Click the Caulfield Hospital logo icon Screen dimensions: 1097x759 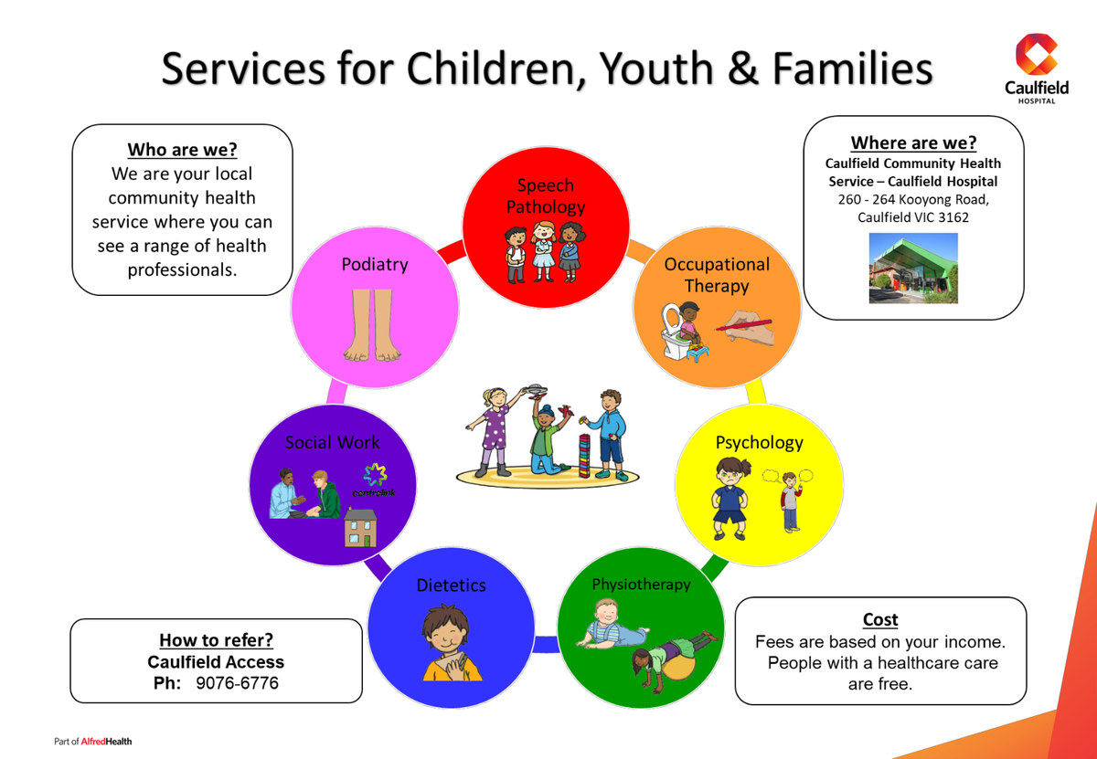pyautogui.click(x=1037, y=54)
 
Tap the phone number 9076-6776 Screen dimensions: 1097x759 pyautogui.click(x=237, y=682)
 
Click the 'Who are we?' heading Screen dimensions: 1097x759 pyautogui.click(x=182, y=149)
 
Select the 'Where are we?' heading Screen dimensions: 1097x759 pyautogui.click(x=913, y=142)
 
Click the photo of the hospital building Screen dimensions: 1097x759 pyautogui.click(x=913, y=269)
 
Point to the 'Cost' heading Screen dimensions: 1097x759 pyautogui.click(x=880, y=619)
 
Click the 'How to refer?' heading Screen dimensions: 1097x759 pyautogui.click(x=216, y=640)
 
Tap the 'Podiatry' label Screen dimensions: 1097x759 pyautogui.click(x=375, y=264)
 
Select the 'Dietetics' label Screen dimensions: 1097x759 pyautogui.click(x=451, y=585)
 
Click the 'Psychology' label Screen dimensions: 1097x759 pyautogui.click(x=759, y=443)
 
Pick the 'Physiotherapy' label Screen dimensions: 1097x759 pyautogui.click(x=641, y=585)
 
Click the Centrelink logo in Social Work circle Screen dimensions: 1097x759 pyautogui.click(x=375, y=480)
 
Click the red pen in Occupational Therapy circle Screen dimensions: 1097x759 pyautogui.click(x=744, y=325)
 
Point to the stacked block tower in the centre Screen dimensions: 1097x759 pyautogui.click(x=584, y=455)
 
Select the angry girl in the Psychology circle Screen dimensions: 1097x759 pyautogui.click(x=730, y=498)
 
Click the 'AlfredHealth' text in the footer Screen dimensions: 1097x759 pyautogui.click(x=106, y=742)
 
